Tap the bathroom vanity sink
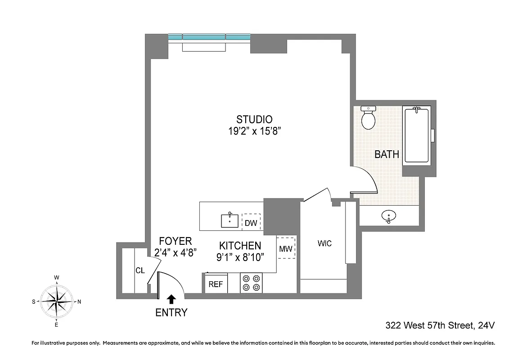point(388,217)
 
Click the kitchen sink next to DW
point(230,220)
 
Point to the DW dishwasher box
point(251,222)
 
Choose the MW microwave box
point(285,248)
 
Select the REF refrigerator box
point(216,284)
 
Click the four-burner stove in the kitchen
point(251,283)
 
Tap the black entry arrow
point(171,299)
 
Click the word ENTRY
point(171,313)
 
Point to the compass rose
point(57,301)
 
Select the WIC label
point(324,243)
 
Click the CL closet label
point(140,270)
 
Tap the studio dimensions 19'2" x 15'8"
point(254,131)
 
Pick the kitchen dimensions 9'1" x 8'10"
point(239,257)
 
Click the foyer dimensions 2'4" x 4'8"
point(175,252)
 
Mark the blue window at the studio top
point(209,37)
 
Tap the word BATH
point(387,154)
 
